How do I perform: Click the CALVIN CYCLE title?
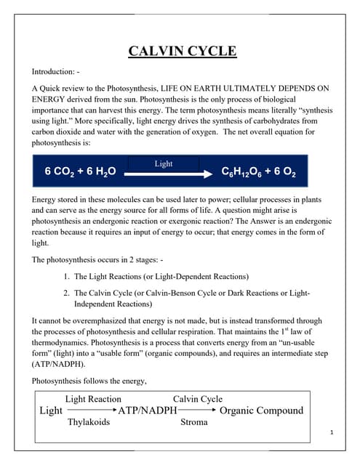coord(182,51)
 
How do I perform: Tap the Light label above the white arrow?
coord(164,164)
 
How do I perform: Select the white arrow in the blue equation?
coord(164,174)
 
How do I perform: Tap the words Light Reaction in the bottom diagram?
coord(93,399)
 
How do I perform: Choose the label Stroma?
coord(194,421)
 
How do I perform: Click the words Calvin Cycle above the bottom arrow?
coord(198,399)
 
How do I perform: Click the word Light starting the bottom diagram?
coord(50,411)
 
